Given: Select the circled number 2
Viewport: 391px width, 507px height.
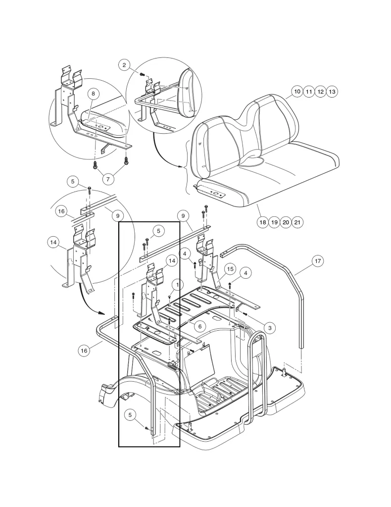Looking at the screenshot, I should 124,64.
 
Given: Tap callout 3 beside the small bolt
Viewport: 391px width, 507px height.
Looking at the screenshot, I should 269,327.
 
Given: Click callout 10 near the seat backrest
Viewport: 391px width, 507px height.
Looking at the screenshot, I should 296,92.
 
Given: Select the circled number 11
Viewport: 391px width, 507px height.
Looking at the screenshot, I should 308,92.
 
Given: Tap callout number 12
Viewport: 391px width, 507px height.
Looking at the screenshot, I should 320,92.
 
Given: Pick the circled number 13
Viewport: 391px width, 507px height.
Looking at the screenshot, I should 332,92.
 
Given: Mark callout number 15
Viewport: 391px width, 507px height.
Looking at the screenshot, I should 230,269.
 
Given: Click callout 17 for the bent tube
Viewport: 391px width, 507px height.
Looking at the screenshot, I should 318,260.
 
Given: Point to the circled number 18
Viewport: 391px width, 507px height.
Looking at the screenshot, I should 263,222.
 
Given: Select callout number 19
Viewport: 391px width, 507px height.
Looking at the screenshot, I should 274,222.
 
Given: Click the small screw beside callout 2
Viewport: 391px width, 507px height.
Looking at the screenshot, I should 143,73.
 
